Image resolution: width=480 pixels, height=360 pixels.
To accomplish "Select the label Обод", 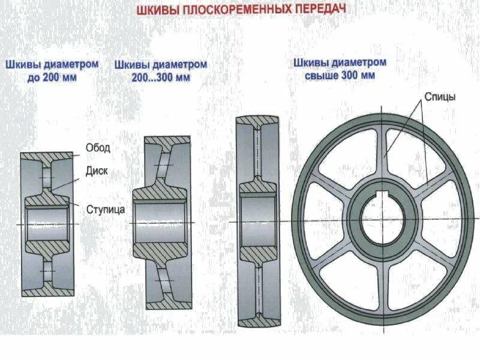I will tap(97, 148).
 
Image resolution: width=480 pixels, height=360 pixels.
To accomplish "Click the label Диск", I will tap(96, 170).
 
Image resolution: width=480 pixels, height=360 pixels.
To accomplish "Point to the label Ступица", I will tap(106, 209).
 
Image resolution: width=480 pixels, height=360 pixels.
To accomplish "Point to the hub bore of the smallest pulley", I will tap(47, 224).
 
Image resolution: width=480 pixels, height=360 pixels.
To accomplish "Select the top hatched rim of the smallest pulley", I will tap(47, 156).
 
